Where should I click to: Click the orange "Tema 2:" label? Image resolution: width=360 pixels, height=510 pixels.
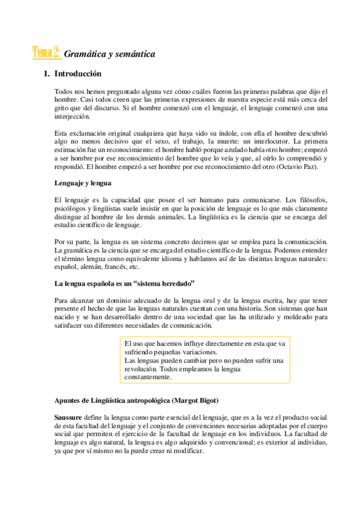pos(46,53)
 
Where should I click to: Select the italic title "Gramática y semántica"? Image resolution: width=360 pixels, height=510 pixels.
pos(109,54)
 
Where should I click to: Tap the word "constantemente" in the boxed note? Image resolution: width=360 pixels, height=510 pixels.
pos(148,377)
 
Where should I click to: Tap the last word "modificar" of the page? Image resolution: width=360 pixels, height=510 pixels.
pos(186,451)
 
